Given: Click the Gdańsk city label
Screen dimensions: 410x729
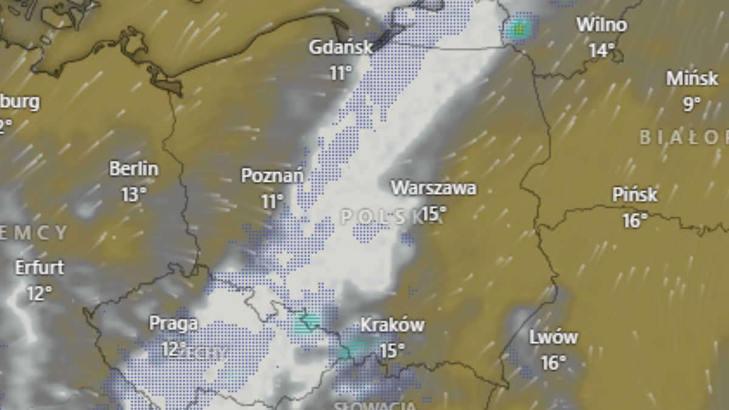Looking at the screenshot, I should (x=340, y=47).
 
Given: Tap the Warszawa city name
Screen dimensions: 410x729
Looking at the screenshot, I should (x=433, y=188).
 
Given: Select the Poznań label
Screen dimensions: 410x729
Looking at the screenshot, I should (x=272, y=176).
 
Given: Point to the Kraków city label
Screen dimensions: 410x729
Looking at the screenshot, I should (x=392, y=325).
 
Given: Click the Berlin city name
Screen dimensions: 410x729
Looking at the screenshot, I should (x=134, y=169).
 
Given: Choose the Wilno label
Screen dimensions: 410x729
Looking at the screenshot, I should (x=601, y=25).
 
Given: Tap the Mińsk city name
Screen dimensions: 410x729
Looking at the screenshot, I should (x=692, y=79).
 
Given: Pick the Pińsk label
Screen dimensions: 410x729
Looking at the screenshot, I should (x=635, y=195).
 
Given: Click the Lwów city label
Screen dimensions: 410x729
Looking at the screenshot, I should (x=553, y=337).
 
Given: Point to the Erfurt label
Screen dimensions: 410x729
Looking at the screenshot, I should (x=39, y=267).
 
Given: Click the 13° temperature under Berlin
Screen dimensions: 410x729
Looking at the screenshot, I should (x=134, y=194).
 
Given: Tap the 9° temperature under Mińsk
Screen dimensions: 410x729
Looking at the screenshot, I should (x=692, y=104).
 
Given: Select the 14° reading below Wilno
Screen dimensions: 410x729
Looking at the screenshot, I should (x=601, y=50).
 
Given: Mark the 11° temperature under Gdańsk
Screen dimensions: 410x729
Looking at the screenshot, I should (x=340, y=73).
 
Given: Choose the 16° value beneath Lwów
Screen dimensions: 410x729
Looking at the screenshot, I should (x=553, y=363).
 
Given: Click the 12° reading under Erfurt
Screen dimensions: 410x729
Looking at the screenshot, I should (x=39, y=294).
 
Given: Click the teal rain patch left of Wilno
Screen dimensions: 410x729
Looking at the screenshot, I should (x=519, y=27).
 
